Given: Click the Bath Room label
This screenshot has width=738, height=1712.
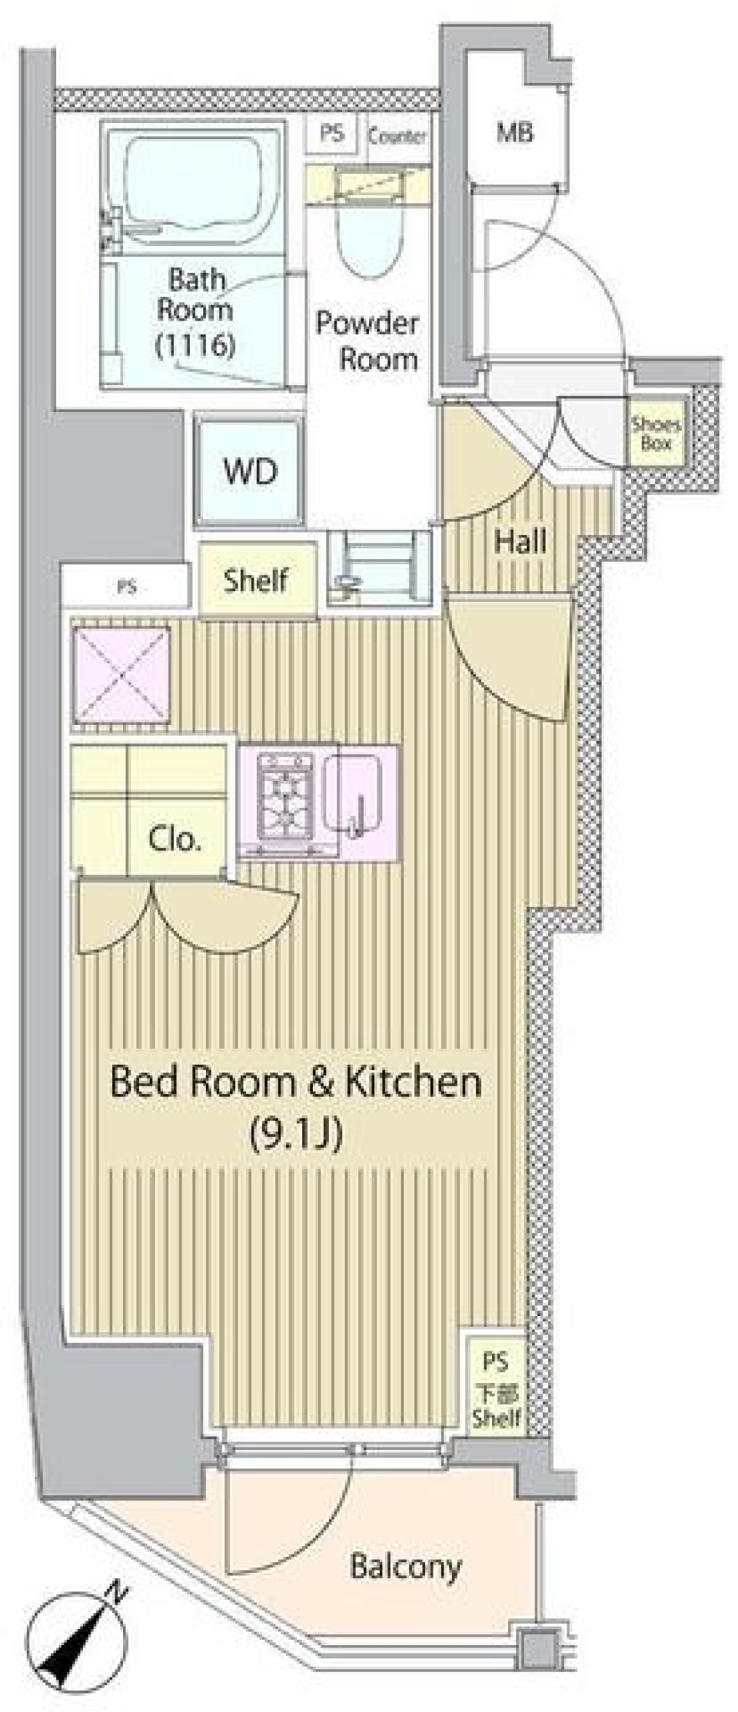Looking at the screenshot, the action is click(x=195, y=294).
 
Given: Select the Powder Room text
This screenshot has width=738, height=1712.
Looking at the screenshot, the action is click(x=367, y=341).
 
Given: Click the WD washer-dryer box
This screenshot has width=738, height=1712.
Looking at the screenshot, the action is click(x=250, y=470).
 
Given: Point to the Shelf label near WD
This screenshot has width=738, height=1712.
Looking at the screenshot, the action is click(x=256, y=580).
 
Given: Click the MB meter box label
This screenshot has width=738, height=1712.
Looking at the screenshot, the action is click(x=515, y=132).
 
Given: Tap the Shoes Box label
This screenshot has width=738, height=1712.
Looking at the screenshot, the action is click(x=656, y=434).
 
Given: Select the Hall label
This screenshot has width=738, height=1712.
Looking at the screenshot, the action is click(x=520, y=541).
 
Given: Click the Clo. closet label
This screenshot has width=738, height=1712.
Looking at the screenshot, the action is click(x=175, y=838).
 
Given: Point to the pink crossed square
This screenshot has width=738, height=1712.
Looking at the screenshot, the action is click(x=121, y=675).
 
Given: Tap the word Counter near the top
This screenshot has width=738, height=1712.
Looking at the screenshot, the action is click(x=397, y=137).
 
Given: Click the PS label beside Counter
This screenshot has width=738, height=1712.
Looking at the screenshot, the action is click(x=332, y=134).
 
